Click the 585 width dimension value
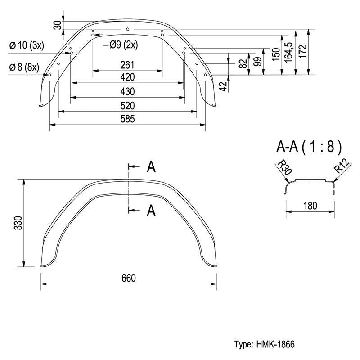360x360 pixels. [x=127, y=119]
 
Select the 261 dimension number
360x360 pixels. [x=127, y=65]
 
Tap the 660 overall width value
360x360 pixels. [x=129, y=278]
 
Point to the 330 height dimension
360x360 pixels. [x=18, y=223]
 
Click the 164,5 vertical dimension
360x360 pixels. [x=288, y=52]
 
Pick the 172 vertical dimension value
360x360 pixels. [x=303, y=51]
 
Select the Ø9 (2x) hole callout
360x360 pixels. [x=124, y=45]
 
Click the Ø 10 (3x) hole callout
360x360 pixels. [x=27, y=45]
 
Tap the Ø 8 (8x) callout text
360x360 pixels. [x=24, y=67]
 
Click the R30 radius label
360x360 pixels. [x=285, y=167]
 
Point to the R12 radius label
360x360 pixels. [x=342, y=165]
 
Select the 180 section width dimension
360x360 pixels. [x=310, y=206]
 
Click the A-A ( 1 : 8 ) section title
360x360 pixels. [x=309, y=147]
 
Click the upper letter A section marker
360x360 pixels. [x=151, y=166]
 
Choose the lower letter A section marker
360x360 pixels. [x=151, y=211]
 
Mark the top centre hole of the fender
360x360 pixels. [x=128, y=29]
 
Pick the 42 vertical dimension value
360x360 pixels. [x=223, y=86]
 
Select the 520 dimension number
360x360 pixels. [x=127, y=106]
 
